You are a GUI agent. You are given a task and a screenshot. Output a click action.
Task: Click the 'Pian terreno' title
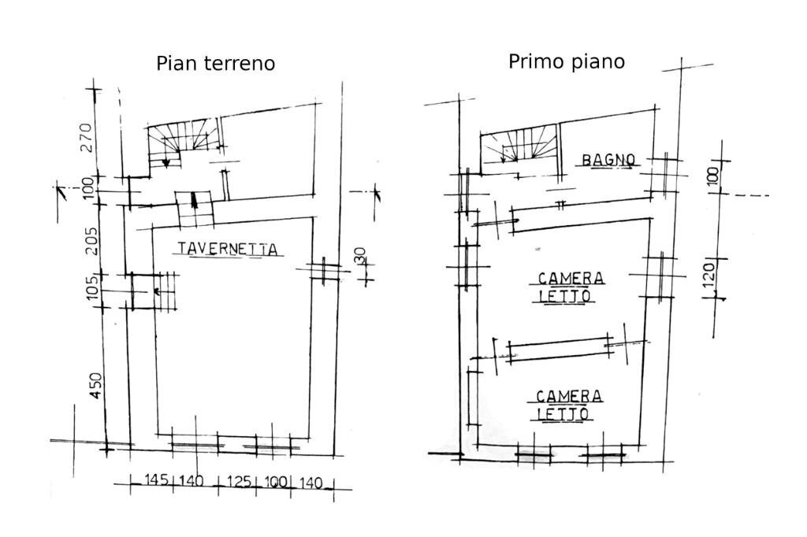click(x=215, y=63)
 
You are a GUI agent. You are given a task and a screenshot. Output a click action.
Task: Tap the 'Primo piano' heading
click(x=566, y=61)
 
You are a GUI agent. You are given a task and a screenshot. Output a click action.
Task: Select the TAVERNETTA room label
click(x=228, y=249)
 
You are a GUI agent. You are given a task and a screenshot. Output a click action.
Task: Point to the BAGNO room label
click(x=608, y=160)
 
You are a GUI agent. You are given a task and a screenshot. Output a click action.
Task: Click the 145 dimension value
click(x=157, y=480)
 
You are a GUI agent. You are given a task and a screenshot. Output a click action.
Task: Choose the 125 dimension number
click(x=240, y=481)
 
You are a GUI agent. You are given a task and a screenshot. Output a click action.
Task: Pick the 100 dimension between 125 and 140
click(x=277, y=481)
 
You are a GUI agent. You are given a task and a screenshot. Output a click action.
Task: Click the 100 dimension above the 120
click(x=713, y=176)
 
